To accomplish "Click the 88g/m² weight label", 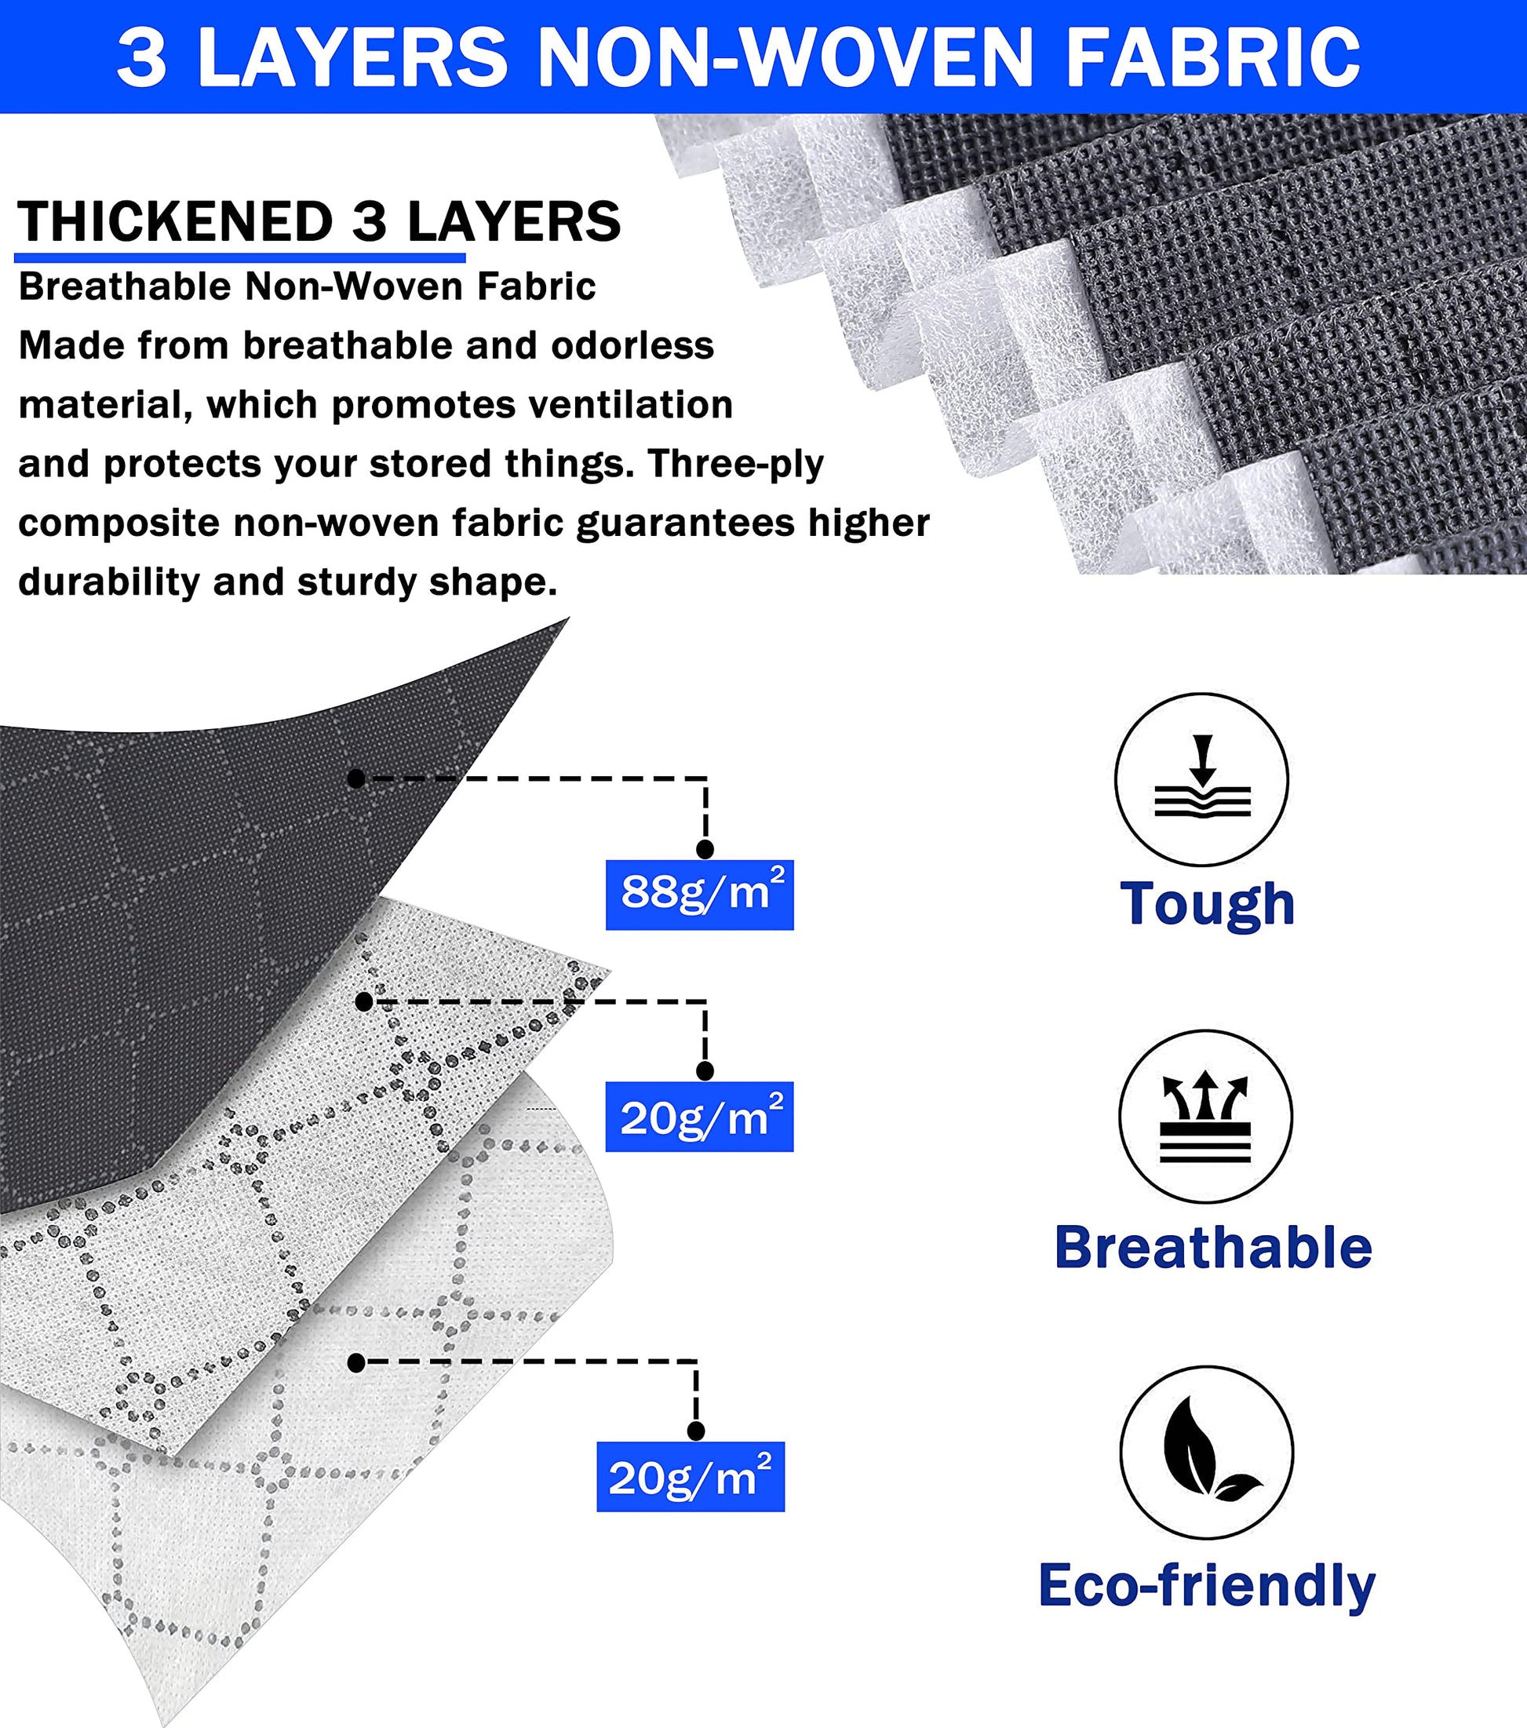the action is pos(699,895).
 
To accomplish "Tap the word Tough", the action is pos(1208,904).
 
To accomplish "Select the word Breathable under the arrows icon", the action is pos(1213,1247).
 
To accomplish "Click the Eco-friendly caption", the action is pos(1207,1585).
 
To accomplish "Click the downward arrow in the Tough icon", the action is pos(1202,760).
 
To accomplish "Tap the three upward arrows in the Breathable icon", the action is pos(1204,1096).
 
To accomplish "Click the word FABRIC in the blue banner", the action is pos(1213,57).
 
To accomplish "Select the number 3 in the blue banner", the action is pos(141,57).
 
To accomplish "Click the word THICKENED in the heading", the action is pos(176,221).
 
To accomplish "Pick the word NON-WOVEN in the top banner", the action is pos(785,57).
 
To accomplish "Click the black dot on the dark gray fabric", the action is pos(356,778).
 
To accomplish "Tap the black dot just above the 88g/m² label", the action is pos(705,850).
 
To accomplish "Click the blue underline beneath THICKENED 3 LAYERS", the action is pos(240,257).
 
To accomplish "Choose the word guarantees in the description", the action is pos(685,524).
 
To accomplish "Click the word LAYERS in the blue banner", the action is pos(352,57).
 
